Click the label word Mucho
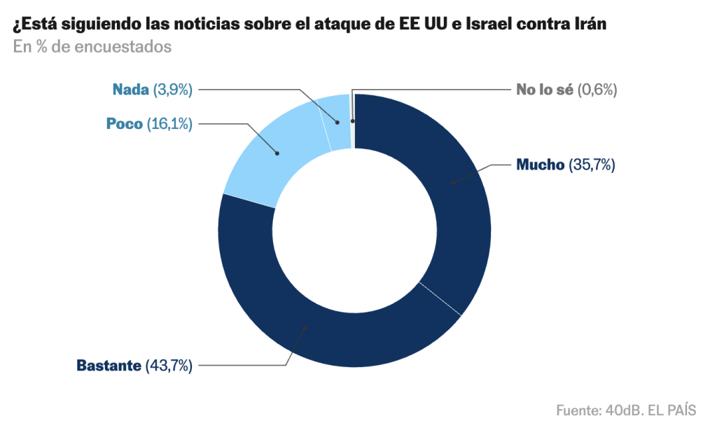tap(540, 165)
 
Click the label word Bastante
tap(109, 365)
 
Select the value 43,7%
tap(168, 365)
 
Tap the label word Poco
tap(125, 124)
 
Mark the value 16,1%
tap(169, 124)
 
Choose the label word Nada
tap(130, 89)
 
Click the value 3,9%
tap(172, 89)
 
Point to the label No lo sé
tap(545, 89)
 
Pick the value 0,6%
tap(597, 89)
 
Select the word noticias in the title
tap(193, 25)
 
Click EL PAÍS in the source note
tap(671, 410)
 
